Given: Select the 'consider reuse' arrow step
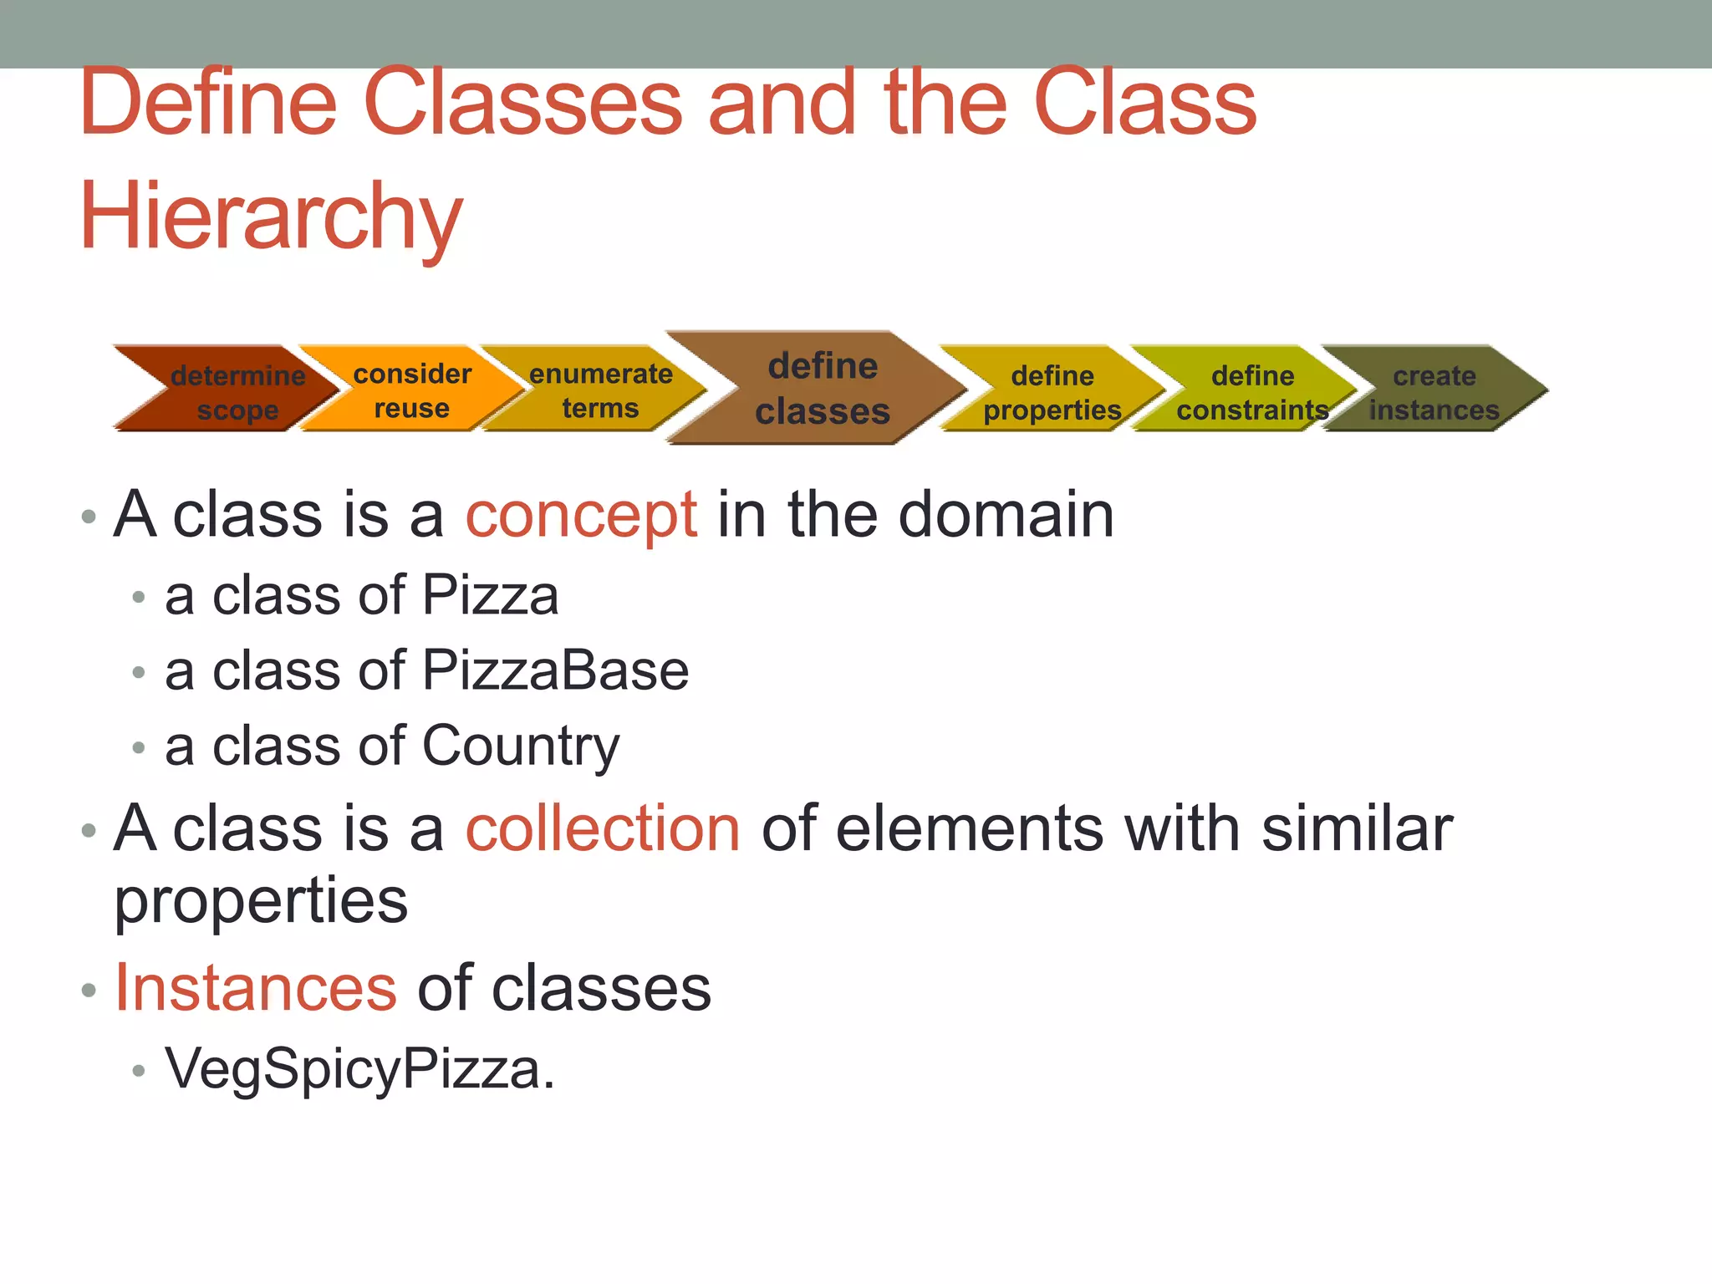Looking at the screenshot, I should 411,390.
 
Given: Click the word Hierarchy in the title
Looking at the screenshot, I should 271,217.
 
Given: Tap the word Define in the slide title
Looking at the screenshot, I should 208,103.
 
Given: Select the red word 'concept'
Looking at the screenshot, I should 580,515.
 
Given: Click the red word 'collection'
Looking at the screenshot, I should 602,828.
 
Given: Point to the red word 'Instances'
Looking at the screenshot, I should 255,987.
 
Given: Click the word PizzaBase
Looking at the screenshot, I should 555,670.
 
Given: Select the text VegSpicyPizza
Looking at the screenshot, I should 359,1069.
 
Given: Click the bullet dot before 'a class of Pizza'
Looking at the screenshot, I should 139,597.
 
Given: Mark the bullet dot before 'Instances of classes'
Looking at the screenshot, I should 89,991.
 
